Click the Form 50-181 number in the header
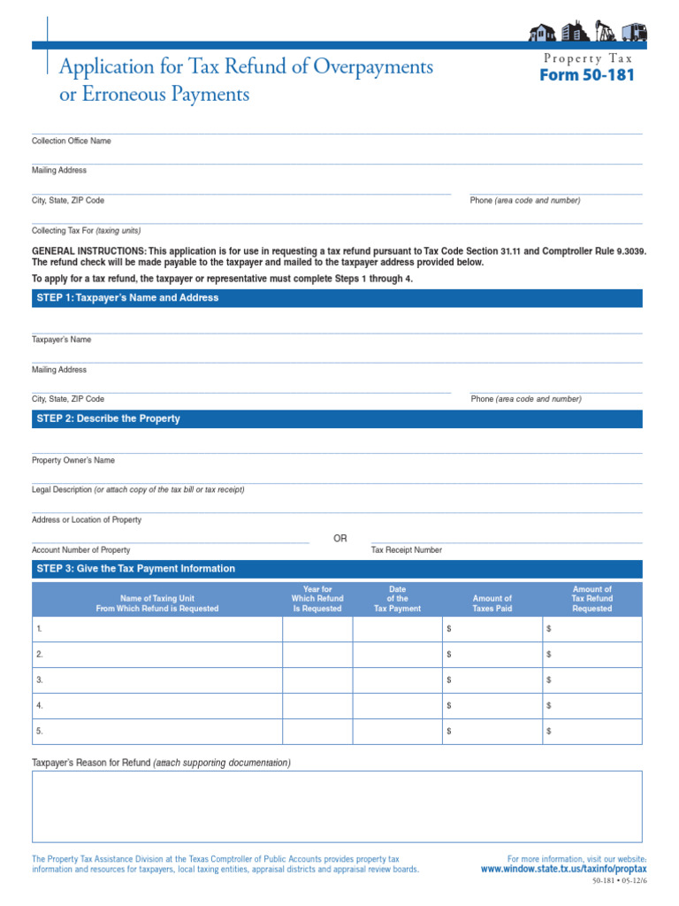[x=587, y=75]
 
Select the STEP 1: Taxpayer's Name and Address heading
[x=127, y=298]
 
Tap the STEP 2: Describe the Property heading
[x=108, y=418]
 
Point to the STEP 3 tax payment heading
[x=135, y=569]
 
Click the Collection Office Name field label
[x=72, y=141]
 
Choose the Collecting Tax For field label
[x=87, y=230]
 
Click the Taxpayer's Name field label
[x=62, y=340]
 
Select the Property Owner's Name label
[x=73, y=460]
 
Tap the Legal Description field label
[x=138, y=489]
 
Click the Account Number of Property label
[x=81, y=549]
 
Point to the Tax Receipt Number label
[x=407, y=549]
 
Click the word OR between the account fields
[x=340, y=539]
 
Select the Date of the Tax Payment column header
[x=397, y=599]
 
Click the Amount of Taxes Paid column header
[x=492, y=603]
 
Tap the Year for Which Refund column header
[x=317, y=599]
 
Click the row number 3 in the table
[x=40, y=680]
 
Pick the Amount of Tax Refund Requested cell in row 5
[x=591, y=732]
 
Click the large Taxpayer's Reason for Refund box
[x=337, y=806]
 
